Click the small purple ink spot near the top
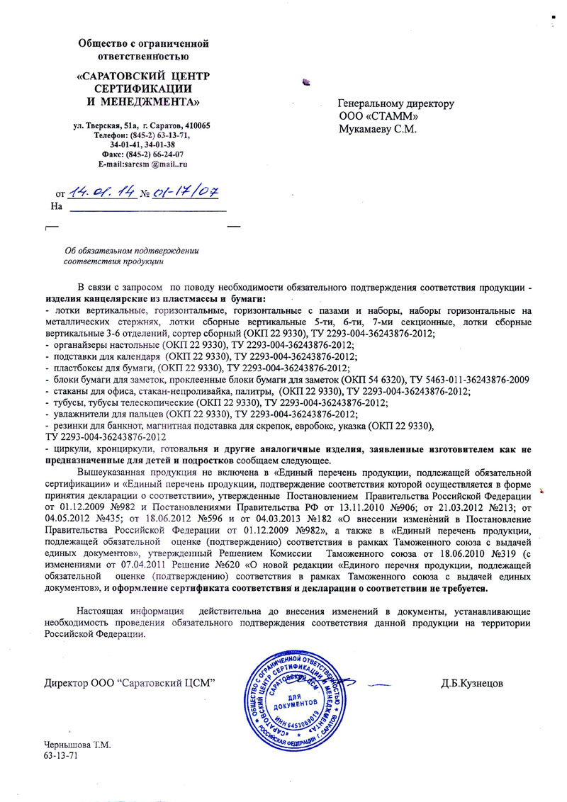[306, 83]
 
